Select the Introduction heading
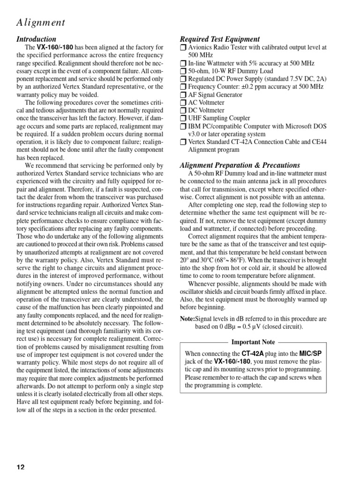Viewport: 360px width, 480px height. click(36, 39)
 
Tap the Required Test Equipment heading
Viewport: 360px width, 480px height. click(220, 39)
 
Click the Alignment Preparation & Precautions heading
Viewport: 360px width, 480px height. click(240, 165)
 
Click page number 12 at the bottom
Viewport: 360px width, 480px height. click(21, 467)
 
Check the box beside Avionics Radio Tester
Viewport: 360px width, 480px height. click(183, 48)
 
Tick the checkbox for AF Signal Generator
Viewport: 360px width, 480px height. click(183, 95)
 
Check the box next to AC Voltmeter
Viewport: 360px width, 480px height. click(183, 103)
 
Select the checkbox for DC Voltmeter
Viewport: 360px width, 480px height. click(183, 111)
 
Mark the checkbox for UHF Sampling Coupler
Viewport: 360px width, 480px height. click(183, 119)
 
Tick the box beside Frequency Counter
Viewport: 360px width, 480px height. click(183, 87)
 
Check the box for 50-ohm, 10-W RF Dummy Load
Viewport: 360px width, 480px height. click(183, 71)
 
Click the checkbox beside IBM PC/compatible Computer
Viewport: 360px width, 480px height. click(183, 127)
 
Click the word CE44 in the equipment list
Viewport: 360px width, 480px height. click(320, 142)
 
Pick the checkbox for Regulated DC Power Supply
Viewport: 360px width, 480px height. click(183, 79)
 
